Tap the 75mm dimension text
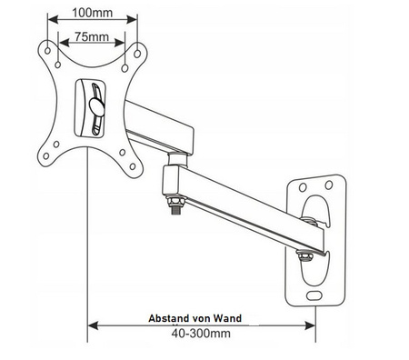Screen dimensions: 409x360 pos(94,37)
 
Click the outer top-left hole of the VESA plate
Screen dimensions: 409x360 pos(49,50)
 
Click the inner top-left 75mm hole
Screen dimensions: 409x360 pos(59,65)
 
